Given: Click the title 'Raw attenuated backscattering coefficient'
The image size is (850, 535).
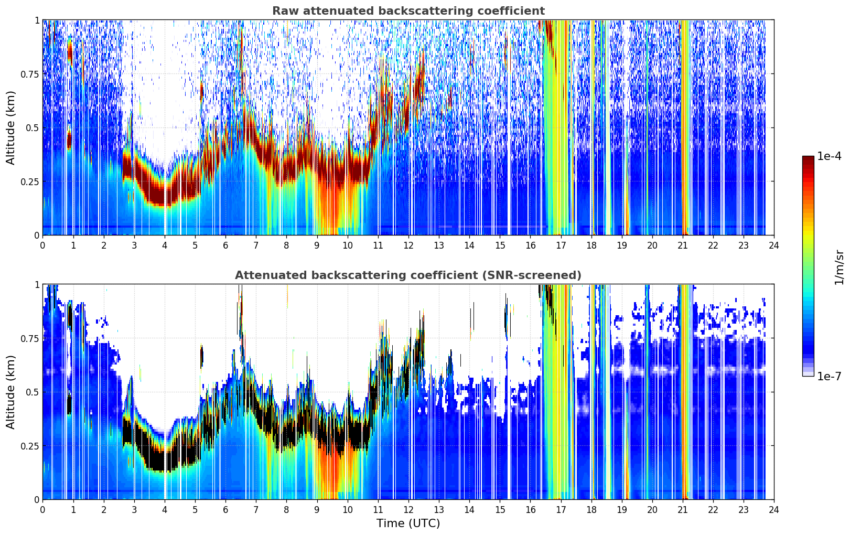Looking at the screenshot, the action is coord(408,10).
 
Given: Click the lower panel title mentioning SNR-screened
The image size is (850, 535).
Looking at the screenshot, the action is coord(408,275).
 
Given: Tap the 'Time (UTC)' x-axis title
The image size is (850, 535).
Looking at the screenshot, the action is coord(408,523).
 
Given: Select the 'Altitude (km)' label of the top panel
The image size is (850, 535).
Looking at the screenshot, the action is coord(10,127).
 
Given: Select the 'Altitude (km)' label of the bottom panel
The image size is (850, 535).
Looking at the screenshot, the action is coord(10,392).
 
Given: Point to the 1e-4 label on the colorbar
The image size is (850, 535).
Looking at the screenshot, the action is coord(829,156).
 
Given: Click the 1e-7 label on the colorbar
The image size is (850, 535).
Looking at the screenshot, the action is coord(829,377).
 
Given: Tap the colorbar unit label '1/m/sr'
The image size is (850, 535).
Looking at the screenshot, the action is coord(839,267).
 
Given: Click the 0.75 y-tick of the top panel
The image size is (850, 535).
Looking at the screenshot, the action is coord(30,74).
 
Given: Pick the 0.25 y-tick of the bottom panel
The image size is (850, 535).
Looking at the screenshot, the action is coord(30,446).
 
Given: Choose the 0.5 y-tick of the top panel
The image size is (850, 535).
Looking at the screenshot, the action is coord(33,128).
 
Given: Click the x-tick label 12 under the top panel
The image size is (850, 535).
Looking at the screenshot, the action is coord(408,245).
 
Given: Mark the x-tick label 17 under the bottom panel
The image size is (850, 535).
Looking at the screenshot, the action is coord(561,510).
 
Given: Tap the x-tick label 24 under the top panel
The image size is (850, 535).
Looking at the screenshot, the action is coord(774,245).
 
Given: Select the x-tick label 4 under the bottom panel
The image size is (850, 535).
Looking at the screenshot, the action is coord(165,510).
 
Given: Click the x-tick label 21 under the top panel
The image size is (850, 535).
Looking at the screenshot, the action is coord(683,245).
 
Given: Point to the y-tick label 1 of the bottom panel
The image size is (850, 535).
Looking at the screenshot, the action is coord(37,285).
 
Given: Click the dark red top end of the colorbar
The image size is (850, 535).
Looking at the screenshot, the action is coord(808,158).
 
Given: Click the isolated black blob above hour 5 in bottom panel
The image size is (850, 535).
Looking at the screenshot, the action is coord(202,356).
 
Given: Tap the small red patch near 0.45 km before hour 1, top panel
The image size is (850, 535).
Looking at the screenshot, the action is coord(69,140).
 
